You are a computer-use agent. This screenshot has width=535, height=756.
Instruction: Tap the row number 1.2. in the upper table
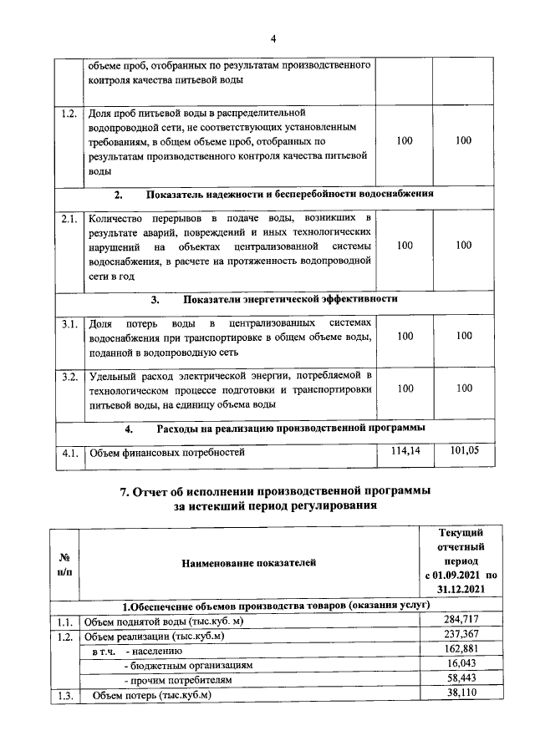(x=69, y=113)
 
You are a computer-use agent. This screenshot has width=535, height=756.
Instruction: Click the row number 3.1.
(x=69, y=322)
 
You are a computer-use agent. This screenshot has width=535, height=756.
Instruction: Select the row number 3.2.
(x=69, y=377)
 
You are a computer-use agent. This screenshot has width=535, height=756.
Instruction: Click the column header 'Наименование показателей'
(x=248, y=563)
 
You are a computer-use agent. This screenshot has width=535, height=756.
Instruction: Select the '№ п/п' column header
(x=64, y=563)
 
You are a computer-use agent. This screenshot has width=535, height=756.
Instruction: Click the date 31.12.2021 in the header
(x=459, y=590)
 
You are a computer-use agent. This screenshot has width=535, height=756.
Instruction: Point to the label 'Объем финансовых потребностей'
(x=167, y=454)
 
